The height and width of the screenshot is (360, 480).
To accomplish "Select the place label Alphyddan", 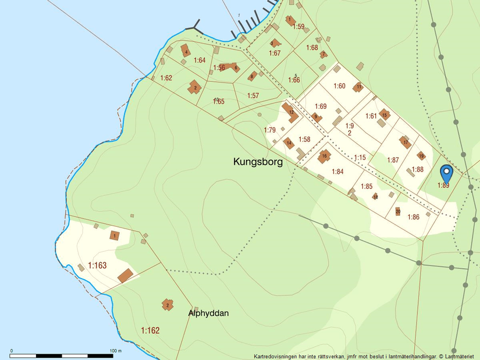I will click(208, 313).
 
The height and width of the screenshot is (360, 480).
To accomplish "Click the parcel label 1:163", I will click(97, 266).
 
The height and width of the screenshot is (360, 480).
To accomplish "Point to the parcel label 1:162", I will click(150, 330).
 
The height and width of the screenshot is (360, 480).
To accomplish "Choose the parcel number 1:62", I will click(166, 78).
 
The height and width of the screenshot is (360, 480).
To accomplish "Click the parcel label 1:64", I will click(200, 60).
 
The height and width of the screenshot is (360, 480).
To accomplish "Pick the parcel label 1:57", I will click(253, 95).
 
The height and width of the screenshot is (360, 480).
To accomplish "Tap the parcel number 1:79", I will click(269, 130).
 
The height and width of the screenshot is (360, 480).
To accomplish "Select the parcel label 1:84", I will click(337, 172).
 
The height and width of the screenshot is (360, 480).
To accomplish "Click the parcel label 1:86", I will click(413, 217).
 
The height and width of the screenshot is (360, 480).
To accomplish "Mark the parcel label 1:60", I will click(339, 86).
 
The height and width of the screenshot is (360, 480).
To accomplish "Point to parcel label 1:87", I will click(393, 160).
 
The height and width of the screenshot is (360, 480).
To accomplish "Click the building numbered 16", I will click(324, 156).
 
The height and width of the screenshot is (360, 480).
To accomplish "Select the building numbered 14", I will click(289, 142).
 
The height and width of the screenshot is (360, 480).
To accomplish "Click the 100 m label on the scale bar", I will click(116, 351).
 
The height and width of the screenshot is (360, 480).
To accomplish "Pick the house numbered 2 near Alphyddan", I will click(168, 305).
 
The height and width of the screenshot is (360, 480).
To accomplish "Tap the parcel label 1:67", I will click(275, 54).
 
